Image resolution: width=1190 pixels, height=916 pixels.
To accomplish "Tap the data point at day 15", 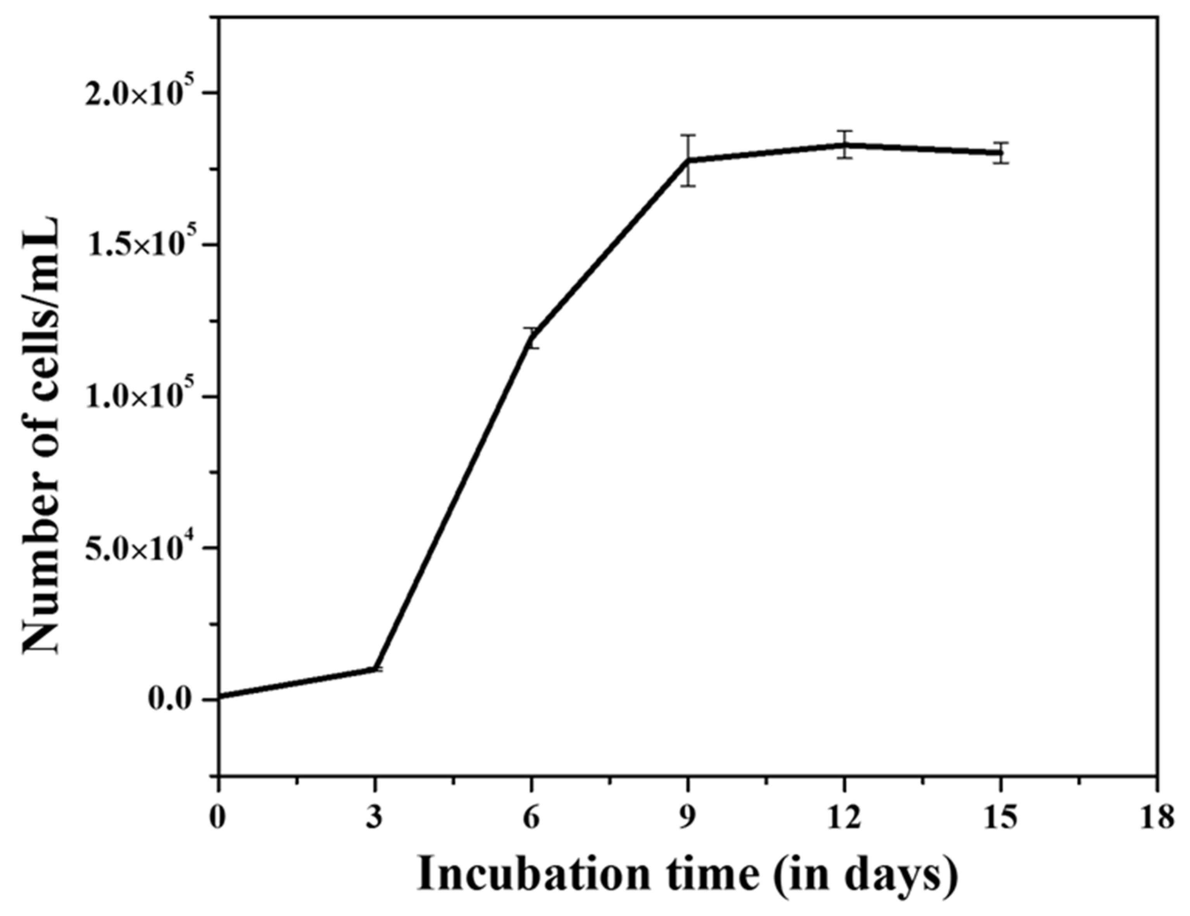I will pos(1001,153).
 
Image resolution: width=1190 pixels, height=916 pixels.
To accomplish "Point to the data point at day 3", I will pos(375,668).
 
